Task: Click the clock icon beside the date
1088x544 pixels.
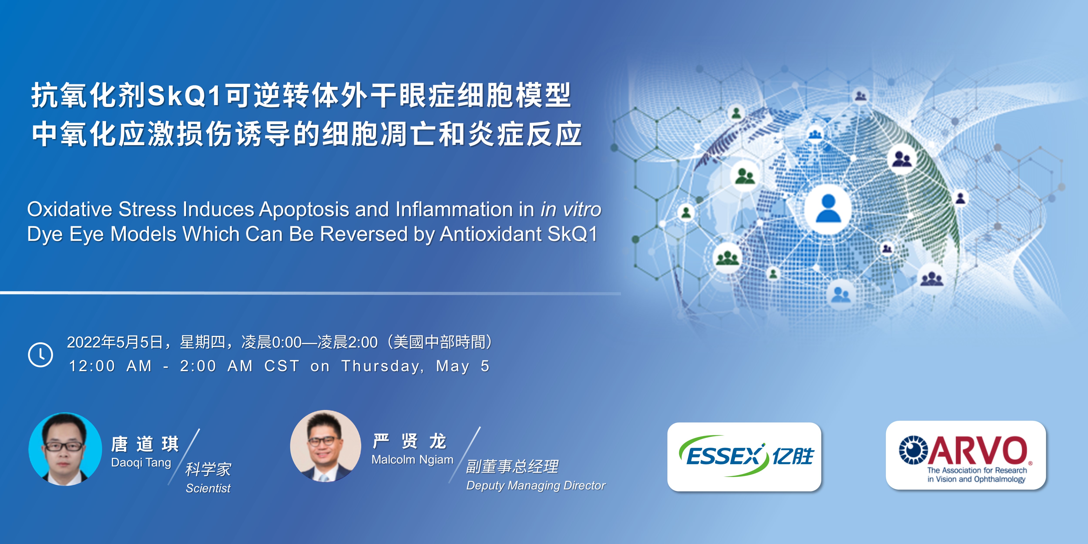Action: click(x=40, y=354)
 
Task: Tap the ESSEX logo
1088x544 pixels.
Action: click(x=744, y=457)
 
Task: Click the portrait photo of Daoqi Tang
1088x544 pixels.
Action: click(x=65, y=449)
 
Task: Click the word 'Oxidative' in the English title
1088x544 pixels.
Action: click(x=70, y=210)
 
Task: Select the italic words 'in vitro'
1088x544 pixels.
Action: click(x=571, y=210)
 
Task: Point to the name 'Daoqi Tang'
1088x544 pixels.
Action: click(x=141, y=463)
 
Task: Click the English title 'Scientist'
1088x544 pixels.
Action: click(x=208, y=488)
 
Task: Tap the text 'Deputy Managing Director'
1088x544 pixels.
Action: click(x=536, y=486)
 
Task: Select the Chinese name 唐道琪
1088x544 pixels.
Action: click(x=145, y=444)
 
